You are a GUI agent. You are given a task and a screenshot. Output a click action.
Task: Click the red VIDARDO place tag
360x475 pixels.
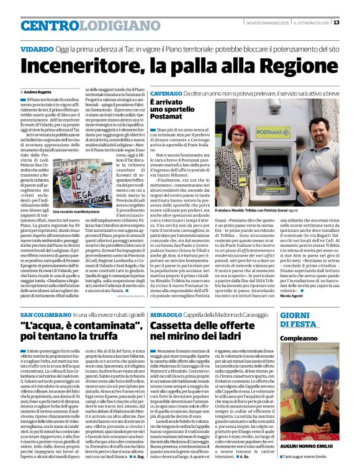(x=36, y=48)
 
